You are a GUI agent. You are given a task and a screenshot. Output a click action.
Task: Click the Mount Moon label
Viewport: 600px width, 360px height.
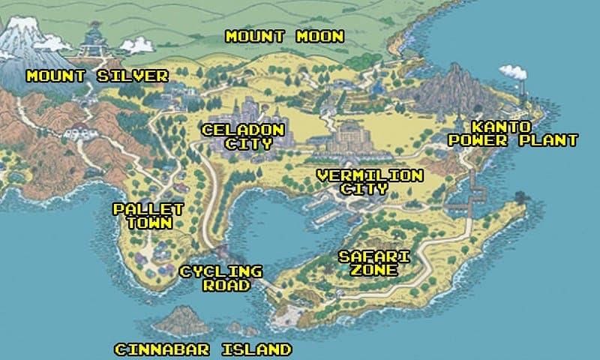284,36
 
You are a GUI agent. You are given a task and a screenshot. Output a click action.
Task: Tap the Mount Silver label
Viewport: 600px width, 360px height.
97,76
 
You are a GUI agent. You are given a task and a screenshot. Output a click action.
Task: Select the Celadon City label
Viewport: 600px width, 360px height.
243,136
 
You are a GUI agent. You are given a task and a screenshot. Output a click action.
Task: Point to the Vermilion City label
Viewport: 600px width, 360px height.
370,182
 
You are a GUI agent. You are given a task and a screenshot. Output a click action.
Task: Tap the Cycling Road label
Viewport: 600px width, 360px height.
220,278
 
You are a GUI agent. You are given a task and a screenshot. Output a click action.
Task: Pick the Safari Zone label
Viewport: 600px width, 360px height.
374,263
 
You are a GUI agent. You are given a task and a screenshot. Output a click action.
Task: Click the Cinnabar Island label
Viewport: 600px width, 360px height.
202,349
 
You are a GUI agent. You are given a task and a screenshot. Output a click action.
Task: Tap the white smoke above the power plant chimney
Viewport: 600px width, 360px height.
513,71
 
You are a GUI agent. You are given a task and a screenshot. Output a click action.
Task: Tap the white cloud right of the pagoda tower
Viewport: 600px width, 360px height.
136,46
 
